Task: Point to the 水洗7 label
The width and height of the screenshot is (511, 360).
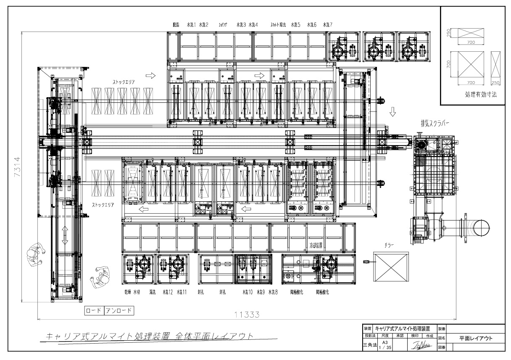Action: pos(328,25)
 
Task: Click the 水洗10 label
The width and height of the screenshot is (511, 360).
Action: pos(247,292)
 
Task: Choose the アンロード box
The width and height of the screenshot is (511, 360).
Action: pos(118,311)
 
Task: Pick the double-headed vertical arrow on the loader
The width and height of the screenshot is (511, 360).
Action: pos(65,235)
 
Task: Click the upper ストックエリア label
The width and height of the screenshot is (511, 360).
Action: pos(123,82)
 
